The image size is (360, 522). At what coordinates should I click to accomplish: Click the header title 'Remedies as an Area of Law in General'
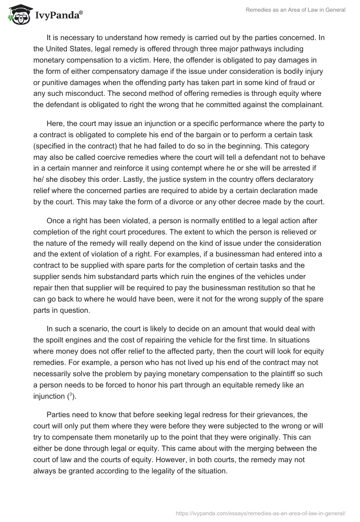(x=295, y=10)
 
